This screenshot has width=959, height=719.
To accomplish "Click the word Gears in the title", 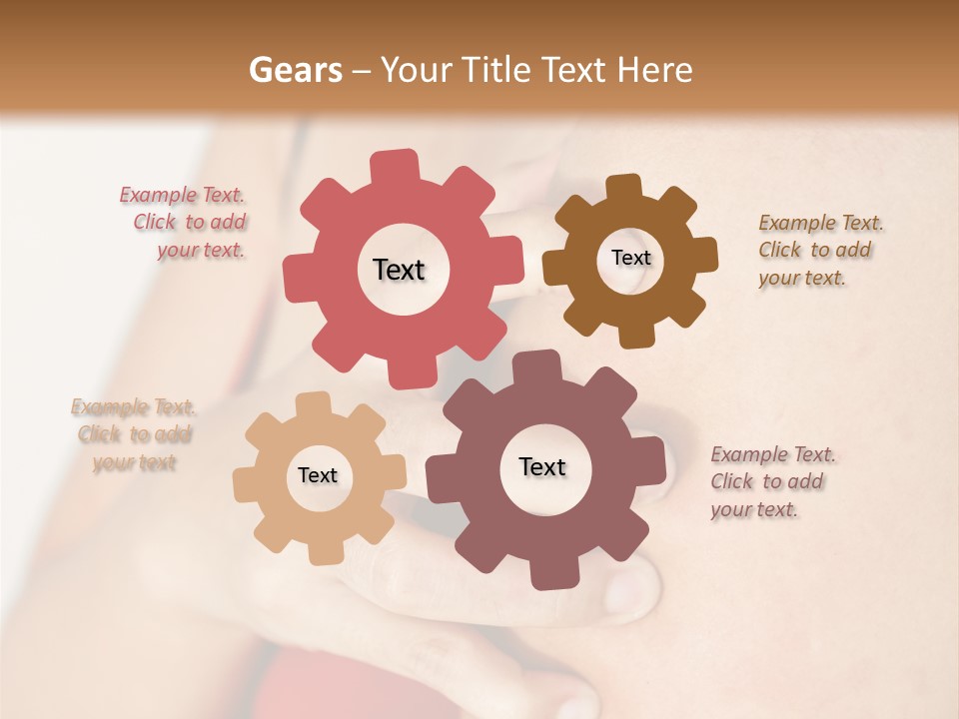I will pyautogui.click(x=295, y=70).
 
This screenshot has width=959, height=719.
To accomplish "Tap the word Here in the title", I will pyautogui.click(x=655, y=70).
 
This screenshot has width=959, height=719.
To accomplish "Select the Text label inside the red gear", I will pyautogui.click(x=399, y=270).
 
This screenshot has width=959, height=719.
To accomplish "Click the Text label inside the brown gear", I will pyautogui.click(x=630, y=258).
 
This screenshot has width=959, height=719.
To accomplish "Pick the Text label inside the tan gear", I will pyautogui.click(x=318, y=475).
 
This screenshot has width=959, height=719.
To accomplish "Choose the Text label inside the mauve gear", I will pyautogui.click(x=542, y=466).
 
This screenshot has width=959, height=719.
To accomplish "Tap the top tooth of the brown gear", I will pyautogui.click(x=624, y=189).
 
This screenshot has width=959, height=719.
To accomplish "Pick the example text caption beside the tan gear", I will pyautogui.click(x=134, y=434).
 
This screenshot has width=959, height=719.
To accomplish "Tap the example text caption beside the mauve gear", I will pyautogui.click(x=770, y=481).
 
